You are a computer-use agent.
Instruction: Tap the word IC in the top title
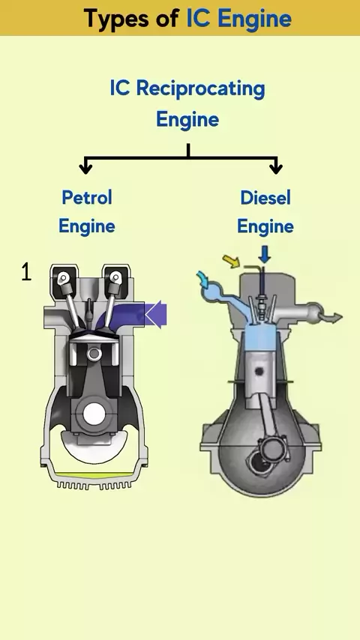[199, 17]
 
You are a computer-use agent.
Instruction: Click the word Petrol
[87, 198]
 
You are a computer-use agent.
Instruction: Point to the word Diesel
[265, 198]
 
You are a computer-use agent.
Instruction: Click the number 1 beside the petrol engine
[26, 272]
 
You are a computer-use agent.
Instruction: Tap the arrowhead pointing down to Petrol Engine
[85, 168]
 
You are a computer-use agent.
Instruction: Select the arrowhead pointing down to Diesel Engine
[276, 168]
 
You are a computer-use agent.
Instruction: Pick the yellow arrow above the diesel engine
[231, 261]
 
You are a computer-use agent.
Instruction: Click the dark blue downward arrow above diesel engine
[265, 255]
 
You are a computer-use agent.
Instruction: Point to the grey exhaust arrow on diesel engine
[332, 317]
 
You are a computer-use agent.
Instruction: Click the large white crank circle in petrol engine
[94, 414]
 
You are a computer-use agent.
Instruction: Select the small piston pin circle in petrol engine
[94, 354]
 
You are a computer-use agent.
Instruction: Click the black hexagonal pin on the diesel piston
[259, 372]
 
